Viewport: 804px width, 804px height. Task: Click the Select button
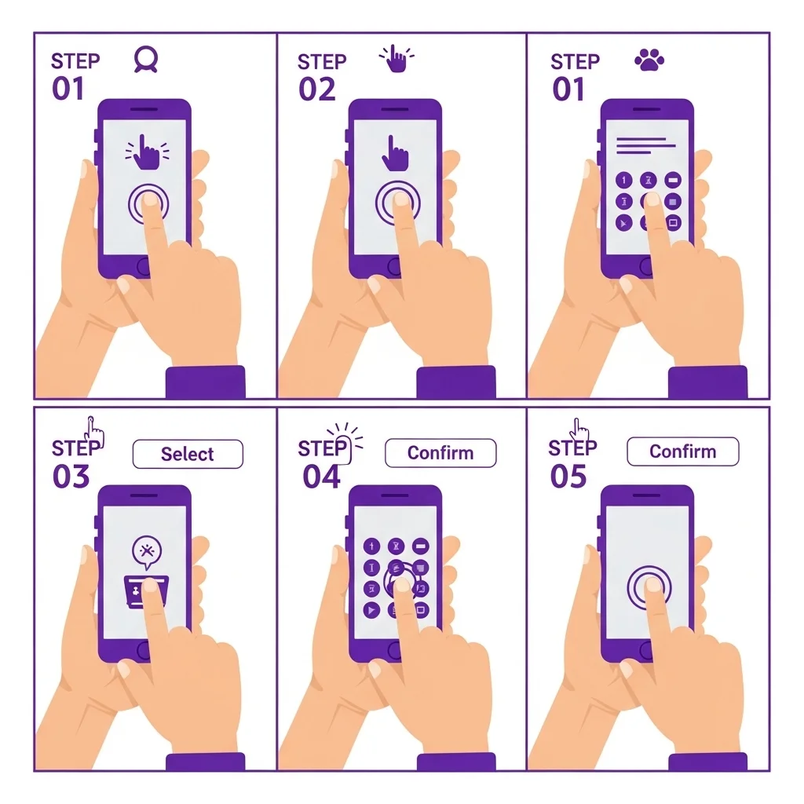coord(188,454)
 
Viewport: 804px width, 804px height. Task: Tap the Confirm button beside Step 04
coord(440,453)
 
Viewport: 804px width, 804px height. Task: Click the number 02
coord(317,90)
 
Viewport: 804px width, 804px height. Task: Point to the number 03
coord(71,477)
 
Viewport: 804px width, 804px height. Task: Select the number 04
coord(321,477)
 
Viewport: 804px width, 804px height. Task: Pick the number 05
coord(568,477)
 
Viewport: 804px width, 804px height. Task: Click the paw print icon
coord(649,60)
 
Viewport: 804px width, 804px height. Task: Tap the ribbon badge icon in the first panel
coord(145,60)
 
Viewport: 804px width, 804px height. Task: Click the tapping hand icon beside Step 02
coord(396,58)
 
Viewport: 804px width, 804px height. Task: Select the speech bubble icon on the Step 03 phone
coord(147,552)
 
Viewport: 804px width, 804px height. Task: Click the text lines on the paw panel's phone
coord(645,145)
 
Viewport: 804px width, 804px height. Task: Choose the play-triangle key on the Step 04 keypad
coord(371,609)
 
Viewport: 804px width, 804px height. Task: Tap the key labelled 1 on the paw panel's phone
coord(623,180)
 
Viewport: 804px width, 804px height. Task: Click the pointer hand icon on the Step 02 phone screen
coord(395,153)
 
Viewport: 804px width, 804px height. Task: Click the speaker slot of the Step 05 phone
coord(647,495)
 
